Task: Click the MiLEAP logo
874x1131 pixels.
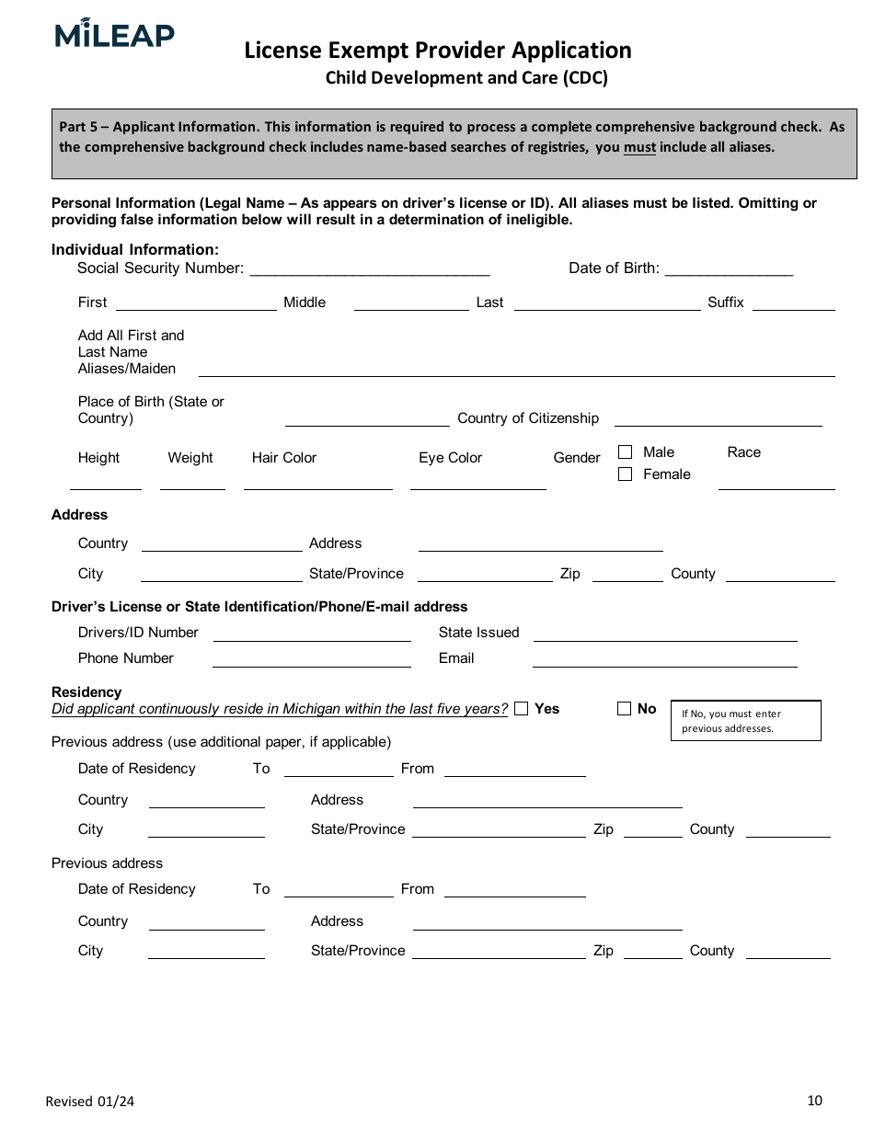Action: tap(114, 34)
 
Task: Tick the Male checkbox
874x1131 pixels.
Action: tap(626, 452)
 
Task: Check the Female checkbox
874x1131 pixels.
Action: tap(626, 474)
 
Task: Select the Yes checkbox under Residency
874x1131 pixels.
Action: tap(522, 709)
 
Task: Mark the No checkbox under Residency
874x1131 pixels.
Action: tap(624, 709)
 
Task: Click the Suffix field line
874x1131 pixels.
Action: tap(793, 308)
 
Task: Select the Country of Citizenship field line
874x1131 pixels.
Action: tap(718, 423)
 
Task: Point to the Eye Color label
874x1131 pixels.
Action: tap(450, 458)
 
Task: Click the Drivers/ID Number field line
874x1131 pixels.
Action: tap(312, 638)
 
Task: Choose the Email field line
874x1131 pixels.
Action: tap(664, 664)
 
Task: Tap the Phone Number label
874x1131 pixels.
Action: tap(126, 658)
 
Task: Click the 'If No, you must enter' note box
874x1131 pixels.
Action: tap(745, 721)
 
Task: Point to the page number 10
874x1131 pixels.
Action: tap(814, 1101)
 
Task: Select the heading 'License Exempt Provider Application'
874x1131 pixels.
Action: tap(438, 51)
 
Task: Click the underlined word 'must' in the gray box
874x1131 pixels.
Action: tap(639, 147)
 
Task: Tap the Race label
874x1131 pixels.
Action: tap(743, 452)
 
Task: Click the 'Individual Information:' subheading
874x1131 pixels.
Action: tap(135, 250)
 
